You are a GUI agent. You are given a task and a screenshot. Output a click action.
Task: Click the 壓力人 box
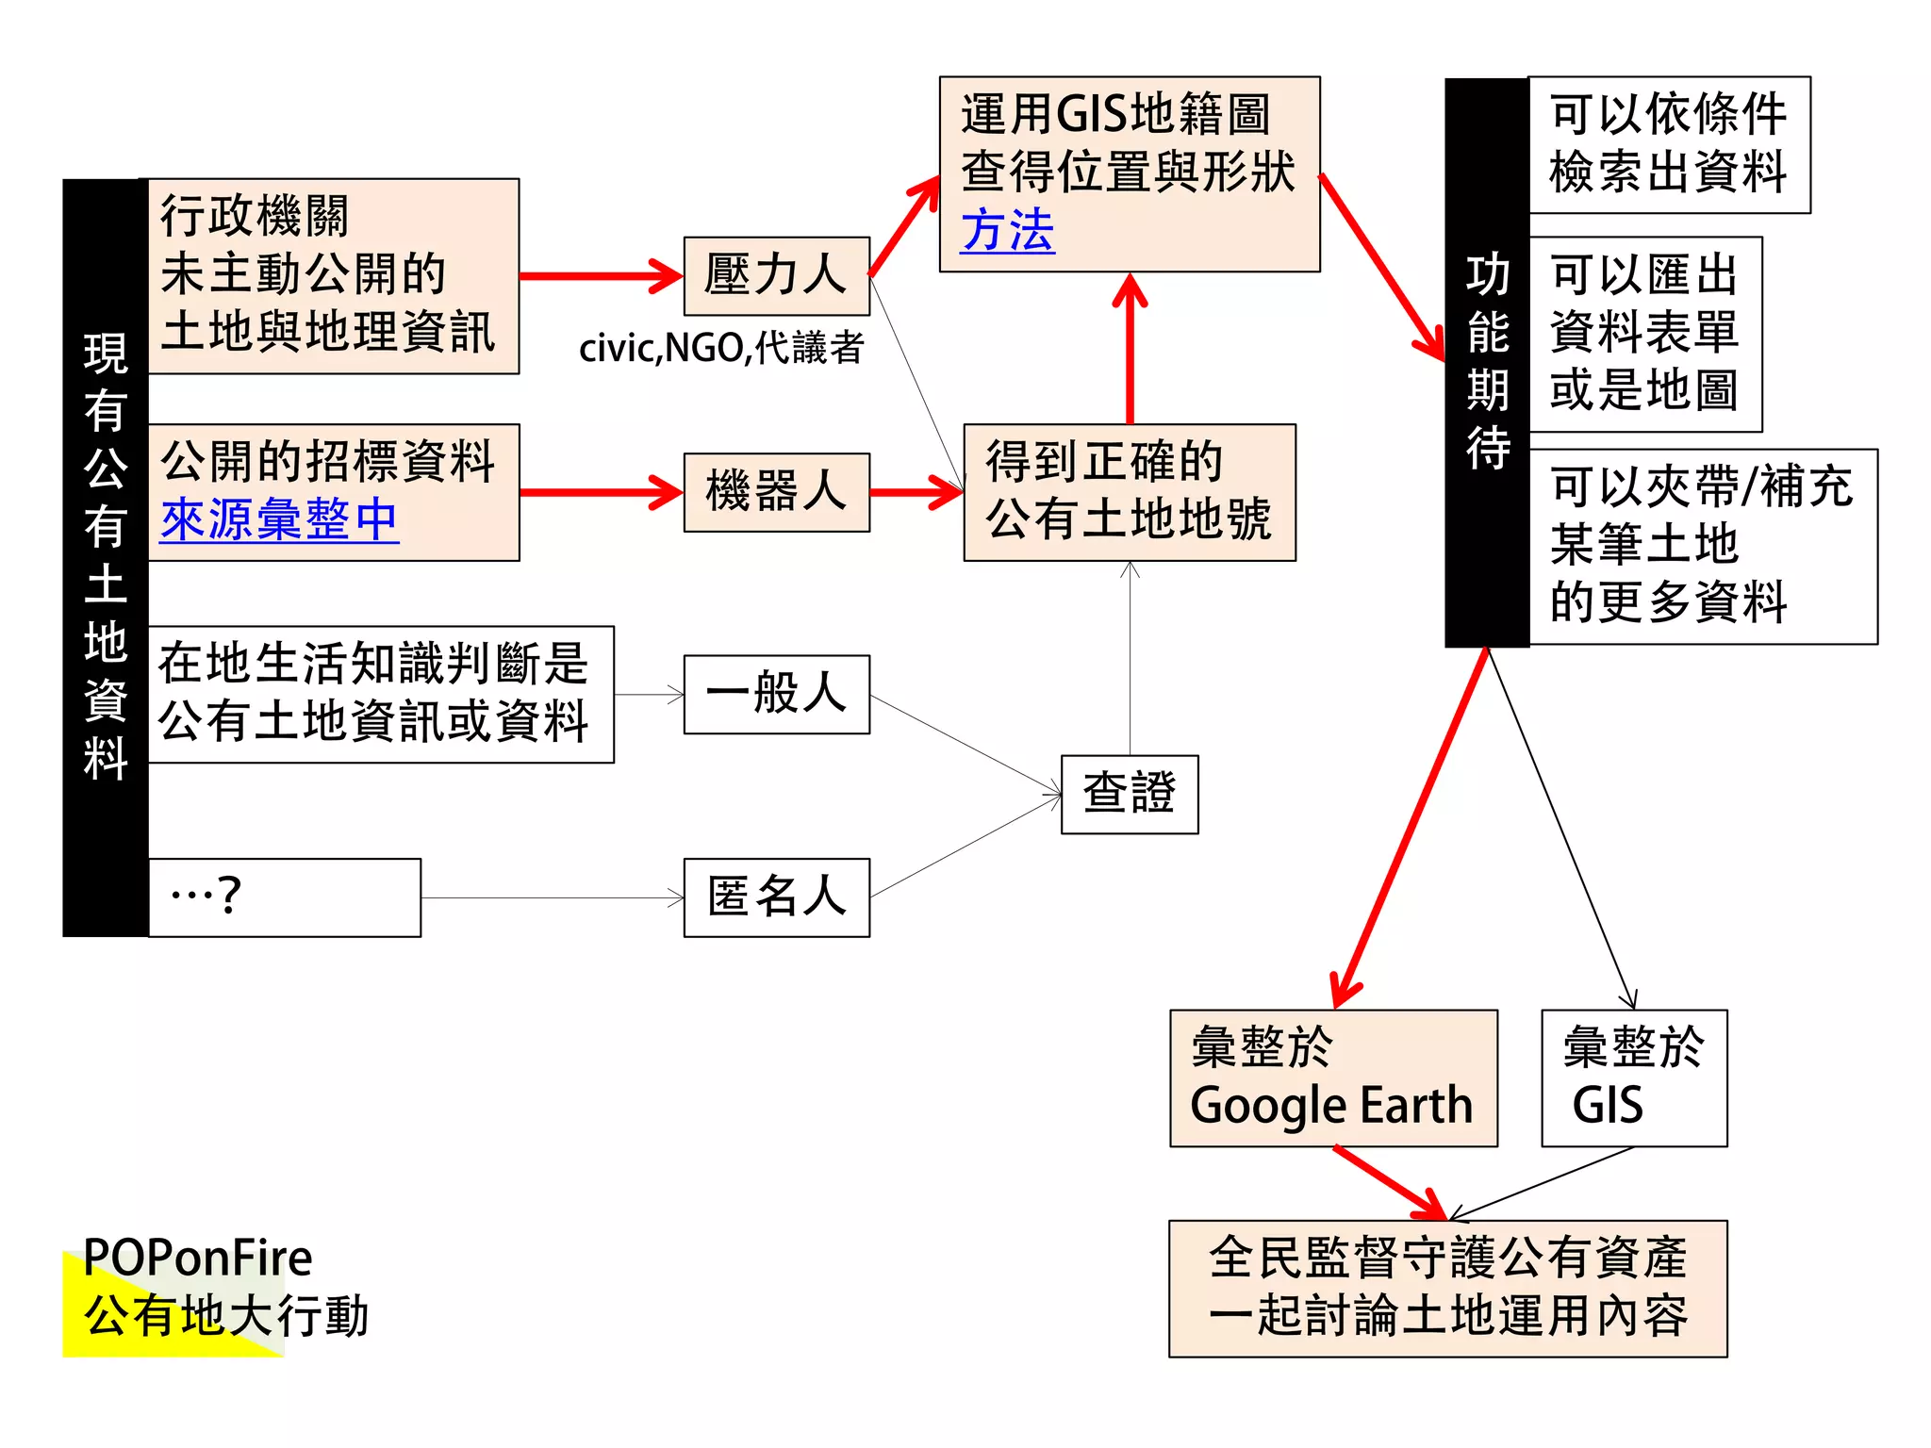[776, 276]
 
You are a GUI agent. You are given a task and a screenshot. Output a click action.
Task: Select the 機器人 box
[776, 492]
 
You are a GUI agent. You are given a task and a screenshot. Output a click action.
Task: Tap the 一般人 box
[776, 694]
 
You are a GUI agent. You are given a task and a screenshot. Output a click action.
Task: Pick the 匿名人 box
[776, 897]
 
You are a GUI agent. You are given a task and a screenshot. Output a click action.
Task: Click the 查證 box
[1129, 794]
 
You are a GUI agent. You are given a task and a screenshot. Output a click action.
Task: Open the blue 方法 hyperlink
[1007, 231]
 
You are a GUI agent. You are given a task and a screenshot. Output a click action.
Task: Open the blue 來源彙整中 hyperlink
[279, 519]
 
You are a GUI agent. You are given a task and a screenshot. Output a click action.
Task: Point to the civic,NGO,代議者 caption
[721, 348]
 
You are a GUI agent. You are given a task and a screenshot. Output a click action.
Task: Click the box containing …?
[284, 897]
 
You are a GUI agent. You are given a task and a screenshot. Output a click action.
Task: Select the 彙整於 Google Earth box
[1332, 1078]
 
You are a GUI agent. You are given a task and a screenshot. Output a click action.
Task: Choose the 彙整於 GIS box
[1633, 1078]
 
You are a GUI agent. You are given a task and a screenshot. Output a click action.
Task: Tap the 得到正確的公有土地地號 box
[1129, 492]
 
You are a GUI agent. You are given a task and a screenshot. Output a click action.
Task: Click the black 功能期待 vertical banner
[1486, 362]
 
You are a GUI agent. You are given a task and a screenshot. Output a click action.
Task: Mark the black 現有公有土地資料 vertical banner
[105, 557]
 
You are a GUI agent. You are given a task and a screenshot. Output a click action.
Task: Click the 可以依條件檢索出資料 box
[1668, 144]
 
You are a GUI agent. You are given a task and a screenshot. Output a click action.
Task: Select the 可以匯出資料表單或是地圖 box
[1644, 334]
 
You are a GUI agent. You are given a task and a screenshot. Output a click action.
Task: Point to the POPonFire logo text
[198, 1258]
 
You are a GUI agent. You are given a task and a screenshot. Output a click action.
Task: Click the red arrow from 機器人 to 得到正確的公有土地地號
[916, 492]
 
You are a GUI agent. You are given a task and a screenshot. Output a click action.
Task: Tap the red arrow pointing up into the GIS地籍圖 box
[1130, 349]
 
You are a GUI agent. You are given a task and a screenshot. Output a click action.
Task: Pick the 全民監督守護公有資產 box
[1447, 1288]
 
